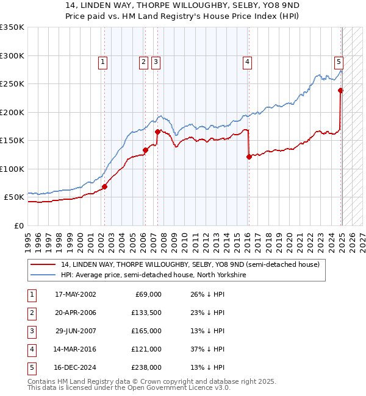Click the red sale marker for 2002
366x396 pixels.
104,186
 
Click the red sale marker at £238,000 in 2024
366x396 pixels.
340,91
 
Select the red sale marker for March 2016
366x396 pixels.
249,157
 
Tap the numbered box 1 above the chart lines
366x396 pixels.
102,61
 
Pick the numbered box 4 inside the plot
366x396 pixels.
247,61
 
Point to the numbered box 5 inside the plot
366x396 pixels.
339,61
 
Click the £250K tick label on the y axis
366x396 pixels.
12,83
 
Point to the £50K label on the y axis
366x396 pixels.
13,197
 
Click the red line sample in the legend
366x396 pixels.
43,264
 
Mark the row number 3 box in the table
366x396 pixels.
30,331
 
